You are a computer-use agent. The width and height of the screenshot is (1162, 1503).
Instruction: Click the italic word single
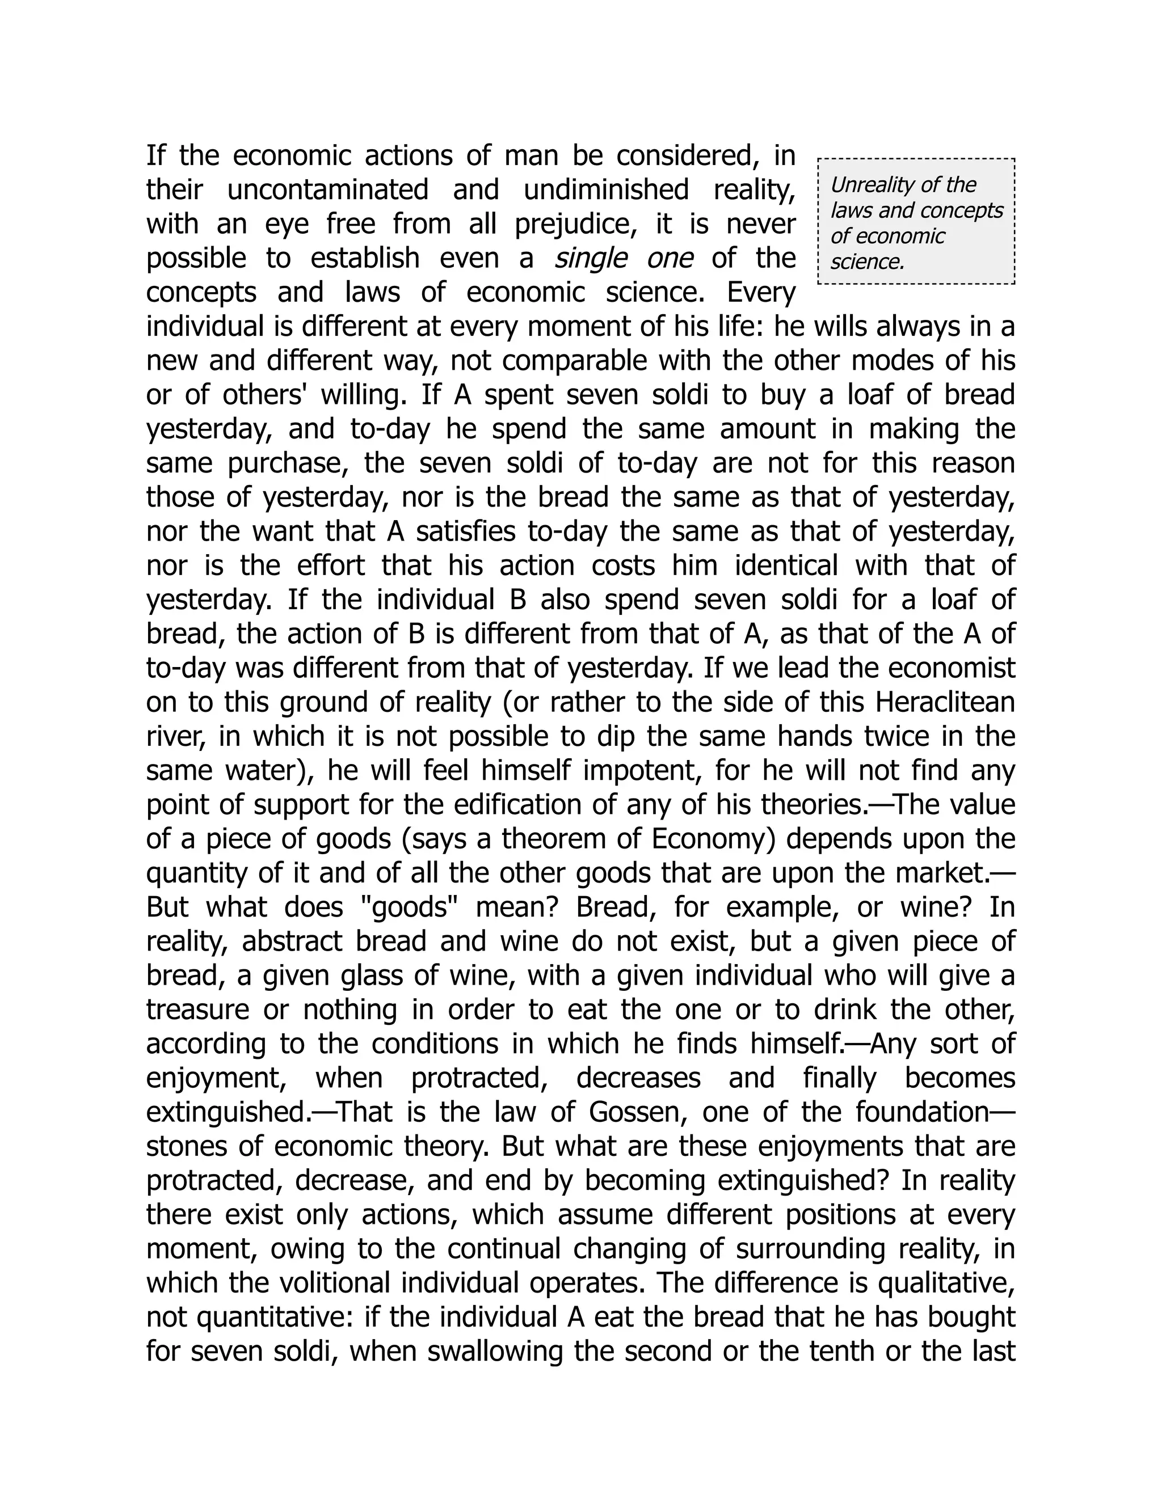click(x=591, y=259)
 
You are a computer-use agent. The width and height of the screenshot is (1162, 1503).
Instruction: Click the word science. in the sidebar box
click(x=867, y=262)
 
